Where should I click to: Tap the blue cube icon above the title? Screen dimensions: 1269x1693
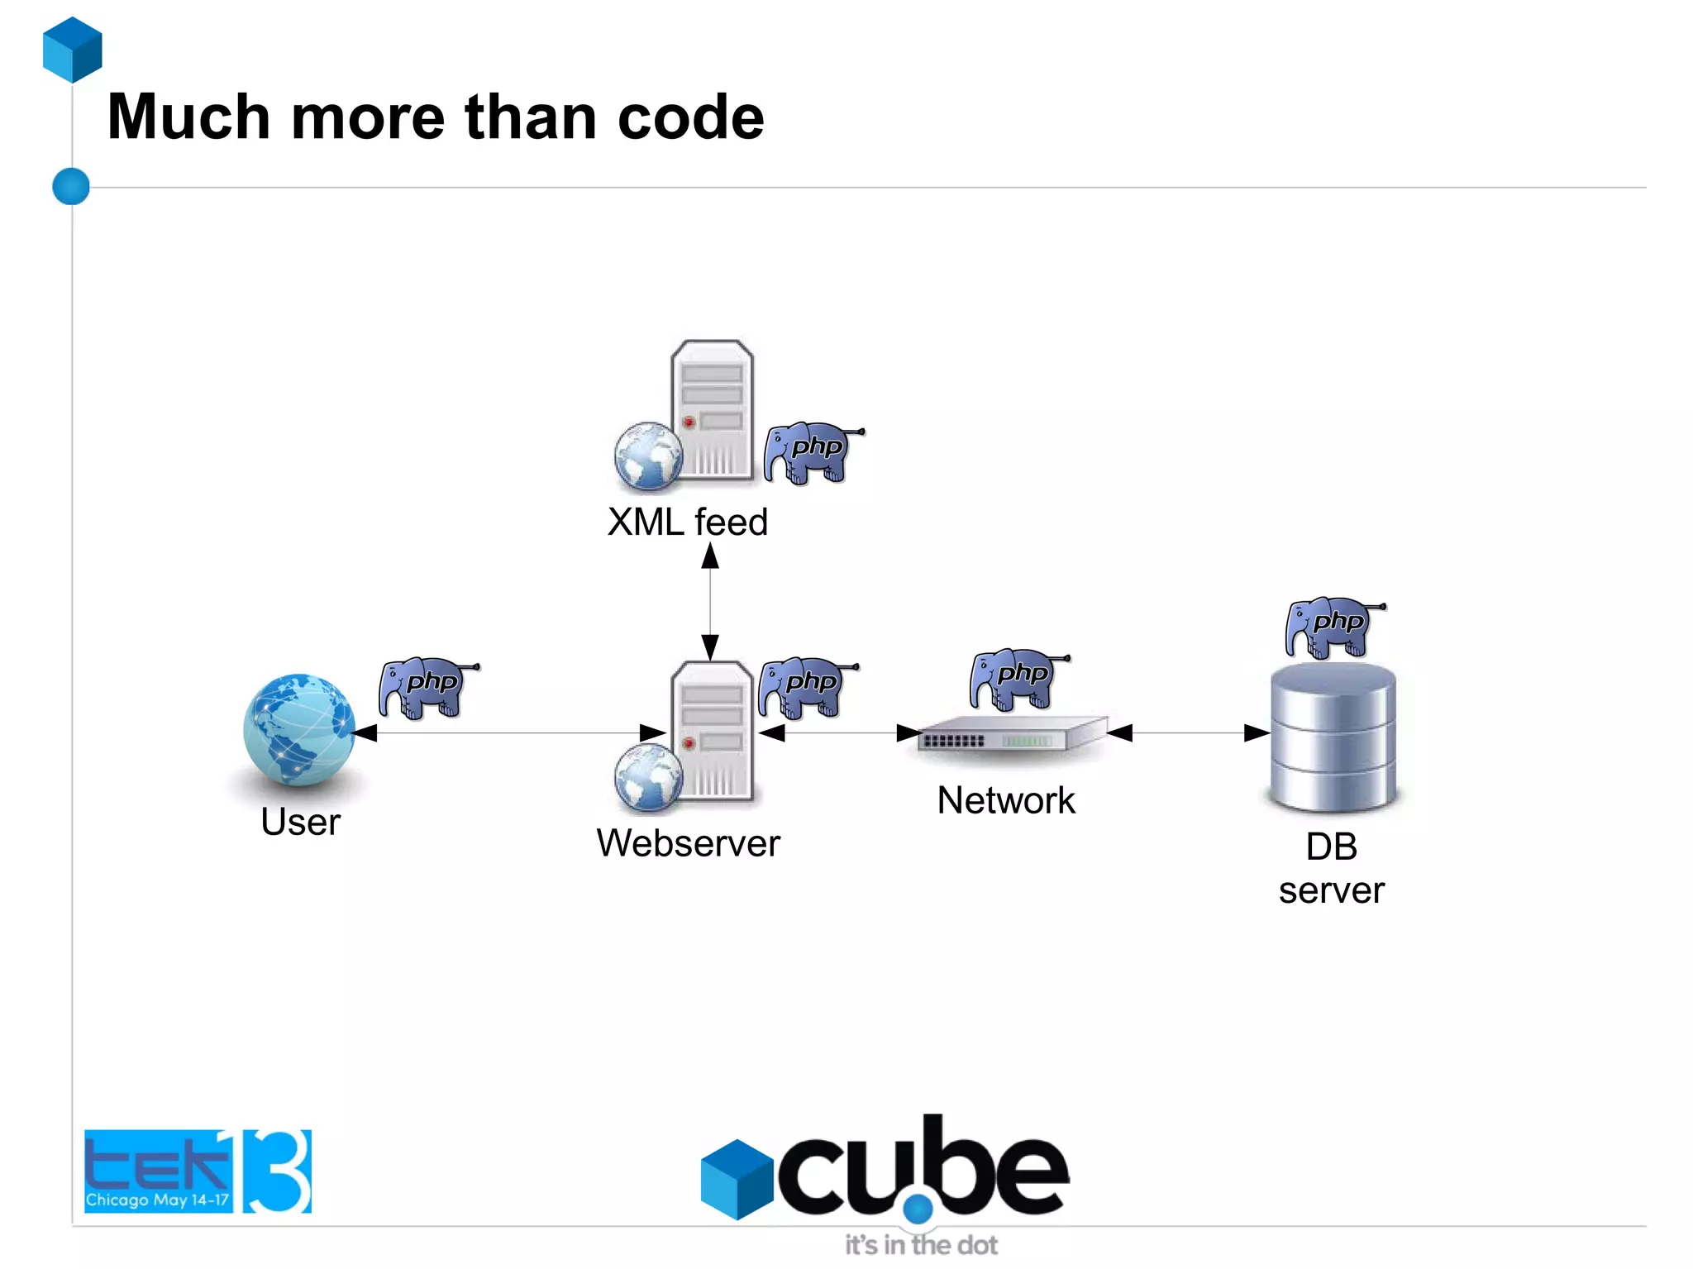(x=73, y=50)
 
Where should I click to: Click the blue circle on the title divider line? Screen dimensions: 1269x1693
(x=71, y=186)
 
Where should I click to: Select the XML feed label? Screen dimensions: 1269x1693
(x=687, y=522)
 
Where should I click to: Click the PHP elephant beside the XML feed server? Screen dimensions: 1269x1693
(x=813, y=452)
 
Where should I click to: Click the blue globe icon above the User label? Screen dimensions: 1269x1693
(x=299, y=728)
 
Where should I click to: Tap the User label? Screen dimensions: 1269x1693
(x=300, y=822)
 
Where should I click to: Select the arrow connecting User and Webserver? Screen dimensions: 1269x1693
(x=508, y=732)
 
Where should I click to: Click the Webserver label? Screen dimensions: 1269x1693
(x=688, y=843)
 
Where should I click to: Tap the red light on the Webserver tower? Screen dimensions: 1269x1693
(x=689, y=743)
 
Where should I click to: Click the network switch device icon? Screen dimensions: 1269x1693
(x=1012, y=734)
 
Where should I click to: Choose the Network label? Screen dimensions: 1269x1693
(x=1006, y=800)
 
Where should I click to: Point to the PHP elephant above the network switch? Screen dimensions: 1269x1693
(x=1018, y=679)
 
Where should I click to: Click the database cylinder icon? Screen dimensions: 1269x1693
(x=1333, y=737)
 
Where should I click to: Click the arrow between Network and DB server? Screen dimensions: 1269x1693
(x=1188, y=732)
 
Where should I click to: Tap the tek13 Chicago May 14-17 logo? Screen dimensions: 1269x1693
(x=198, y=1171)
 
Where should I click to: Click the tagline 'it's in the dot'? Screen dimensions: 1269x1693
(x=921, y=1245)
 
